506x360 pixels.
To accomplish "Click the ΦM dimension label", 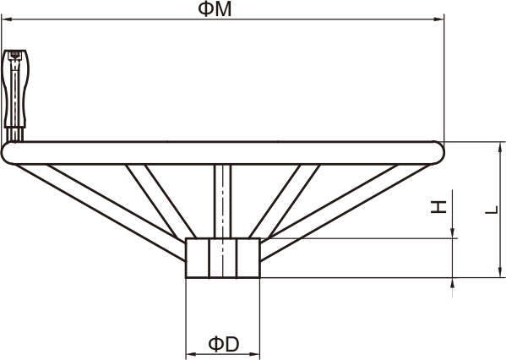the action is pos(215,9).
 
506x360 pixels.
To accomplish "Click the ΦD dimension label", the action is pos(224,344).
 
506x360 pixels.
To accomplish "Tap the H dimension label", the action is pos(438,207).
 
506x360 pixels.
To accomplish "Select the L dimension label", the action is pos(492,210).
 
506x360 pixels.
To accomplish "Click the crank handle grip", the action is pos(15,88).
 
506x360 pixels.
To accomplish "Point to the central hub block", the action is pos(223,258).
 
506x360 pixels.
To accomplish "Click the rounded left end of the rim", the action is pos(7,153).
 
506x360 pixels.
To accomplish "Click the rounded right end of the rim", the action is pos(438,153).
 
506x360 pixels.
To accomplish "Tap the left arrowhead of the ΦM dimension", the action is pos(7,19).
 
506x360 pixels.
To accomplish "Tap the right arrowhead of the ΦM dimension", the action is pos(439,19).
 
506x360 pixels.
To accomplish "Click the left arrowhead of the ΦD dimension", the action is pos(191,354).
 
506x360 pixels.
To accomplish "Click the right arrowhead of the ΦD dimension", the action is pos(255,354).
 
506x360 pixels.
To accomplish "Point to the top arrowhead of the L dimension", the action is pos(500,147).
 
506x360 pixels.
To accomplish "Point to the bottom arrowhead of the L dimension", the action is pos(500,272).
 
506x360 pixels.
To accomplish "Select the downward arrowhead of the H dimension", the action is pos(453,232).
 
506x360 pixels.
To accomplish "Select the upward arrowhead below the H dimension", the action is pos(453,283).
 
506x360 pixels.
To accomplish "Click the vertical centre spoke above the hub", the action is pos(223,201).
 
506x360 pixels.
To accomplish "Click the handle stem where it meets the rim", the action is pos(14,135).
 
